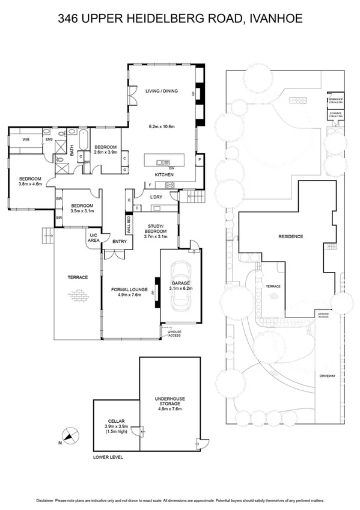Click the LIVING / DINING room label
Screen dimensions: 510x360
pyautogui.click(x=162, y=91)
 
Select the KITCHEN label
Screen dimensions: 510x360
pyautogui.click(x=164, y=174)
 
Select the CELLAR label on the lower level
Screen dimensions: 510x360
pyautogui.click(x=116, y=420)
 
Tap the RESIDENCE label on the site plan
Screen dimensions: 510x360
pyautogui.click(x=290, y=236)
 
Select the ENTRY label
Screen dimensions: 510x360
pyautogui.click(x=120, y=242)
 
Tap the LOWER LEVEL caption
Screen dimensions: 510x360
pyautogui.click(x=108, y=457)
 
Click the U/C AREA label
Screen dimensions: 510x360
pyautogui.click(x=94, y=237)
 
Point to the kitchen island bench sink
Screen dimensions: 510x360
pyautogui.click(x=162, y=162)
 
